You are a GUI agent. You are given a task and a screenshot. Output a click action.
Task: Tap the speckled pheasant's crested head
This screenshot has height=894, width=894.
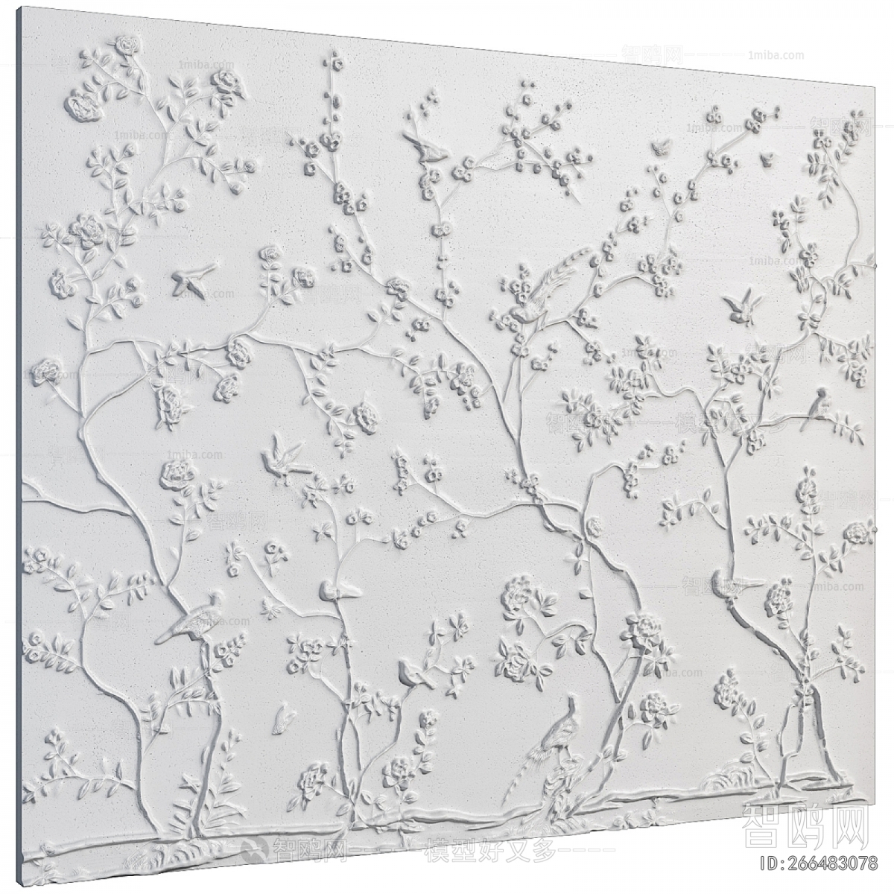tap(216, 596)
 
